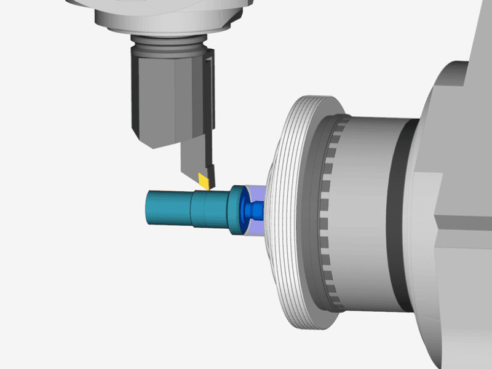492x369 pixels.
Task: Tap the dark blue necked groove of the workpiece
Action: click(x=252, y=210)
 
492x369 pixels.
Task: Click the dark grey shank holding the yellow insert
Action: click(x=194, y=157)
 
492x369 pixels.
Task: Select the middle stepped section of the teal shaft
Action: click(x=209, y=208)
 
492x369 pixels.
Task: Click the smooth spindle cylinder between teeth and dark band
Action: click(x=369, y=209)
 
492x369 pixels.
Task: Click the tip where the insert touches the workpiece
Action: click(x=208, y=187)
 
